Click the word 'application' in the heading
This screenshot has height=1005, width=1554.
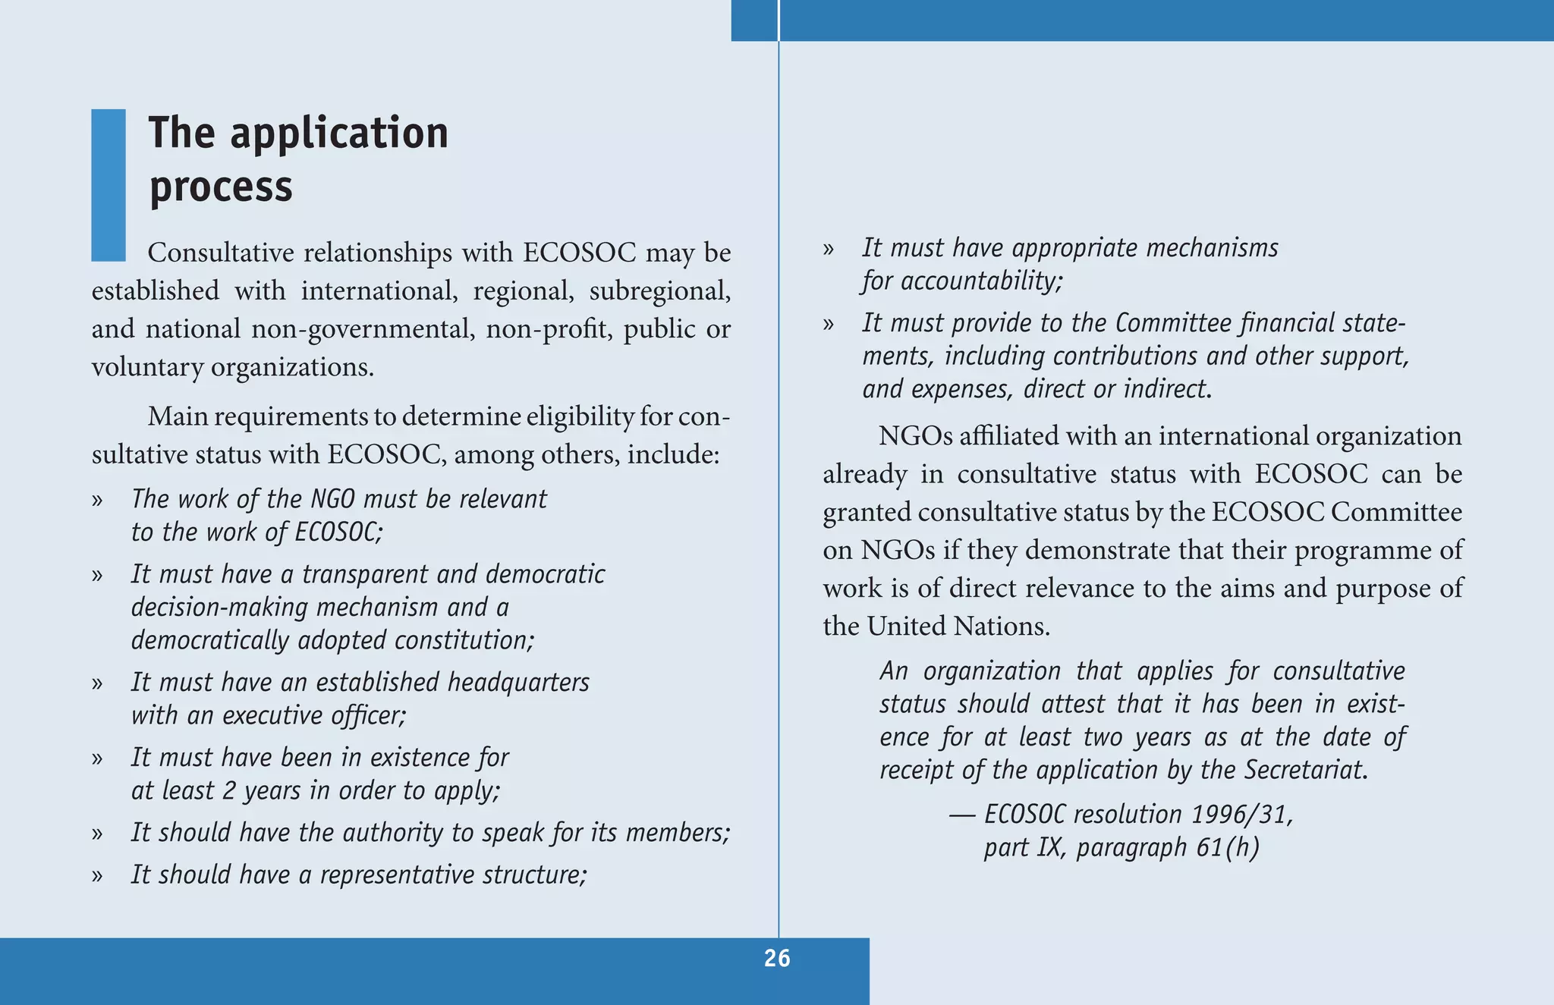[x=339, y=135]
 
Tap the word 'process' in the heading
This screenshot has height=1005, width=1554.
[x=221, y=187]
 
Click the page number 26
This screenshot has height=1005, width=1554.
[x=777, y=959]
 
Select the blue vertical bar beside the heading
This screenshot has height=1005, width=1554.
[x=109, y=185]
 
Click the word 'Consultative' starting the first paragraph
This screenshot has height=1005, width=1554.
[x=221, y=253]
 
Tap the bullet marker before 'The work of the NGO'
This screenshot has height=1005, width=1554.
[x=97, y=500]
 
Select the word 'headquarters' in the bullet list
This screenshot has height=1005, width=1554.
[x=518, y=683]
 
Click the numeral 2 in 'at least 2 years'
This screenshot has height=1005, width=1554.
[x=228, y=791]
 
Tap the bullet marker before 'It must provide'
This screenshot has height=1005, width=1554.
[x=829, y=325]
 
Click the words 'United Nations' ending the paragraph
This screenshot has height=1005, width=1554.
[x=958, y=627]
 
